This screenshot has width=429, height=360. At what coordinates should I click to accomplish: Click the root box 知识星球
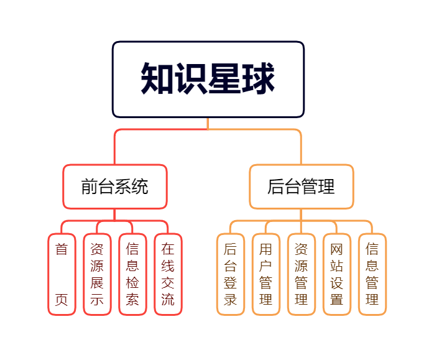click(208, 79)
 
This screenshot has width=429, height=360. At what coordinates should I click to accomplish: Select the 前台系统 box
click(115, 187)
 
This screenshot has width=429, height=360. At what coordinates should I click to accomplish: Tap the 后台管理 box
click(301, 187)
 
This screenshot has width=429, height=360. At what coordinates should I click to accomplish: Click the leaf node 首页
click(62, 274)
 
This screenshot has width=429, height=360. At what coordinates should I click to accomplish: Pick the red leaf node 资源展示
click(97, 274)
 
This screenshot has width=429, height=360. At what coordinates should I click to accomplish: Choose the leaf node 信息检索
click(132, 274)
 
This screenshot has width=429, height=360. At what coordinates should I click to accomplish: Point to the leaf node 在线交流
click(168, 274)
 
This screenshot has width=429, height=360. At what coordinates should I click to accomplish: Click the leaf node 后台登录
click(231, 274)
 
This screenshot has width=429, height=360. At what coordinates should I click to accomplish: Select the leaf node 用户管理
click(266, 274)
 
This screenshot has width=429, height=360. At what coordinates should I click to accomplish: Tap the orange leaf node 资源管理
click(302, 274)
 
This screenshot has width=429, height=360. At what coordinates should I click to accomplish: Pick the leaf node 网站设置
click(337, 274)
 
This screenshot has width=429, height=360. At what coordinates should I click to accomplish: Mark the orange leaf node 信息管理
click(372, 274)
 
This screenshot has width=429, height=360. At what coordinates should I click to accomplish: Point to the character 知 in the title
click(157, 79)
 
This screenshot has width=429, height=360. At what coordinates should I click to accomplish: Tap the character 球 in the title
click(258, 79)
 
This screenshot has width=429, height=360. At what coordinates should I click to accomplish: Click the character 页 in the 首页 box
click(62, 300)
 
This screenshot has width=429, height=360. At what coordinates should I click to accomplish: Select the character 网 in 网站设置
click(337, 249)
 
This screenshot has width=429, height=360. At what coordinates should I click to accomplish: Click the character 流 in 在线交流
click(168, 300)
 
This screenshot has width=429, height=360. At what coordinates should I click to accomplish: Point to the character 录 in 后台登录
click(231, 300)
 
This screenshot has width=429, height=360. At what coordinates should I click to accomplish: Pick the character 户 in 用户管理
click(266, 266)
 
